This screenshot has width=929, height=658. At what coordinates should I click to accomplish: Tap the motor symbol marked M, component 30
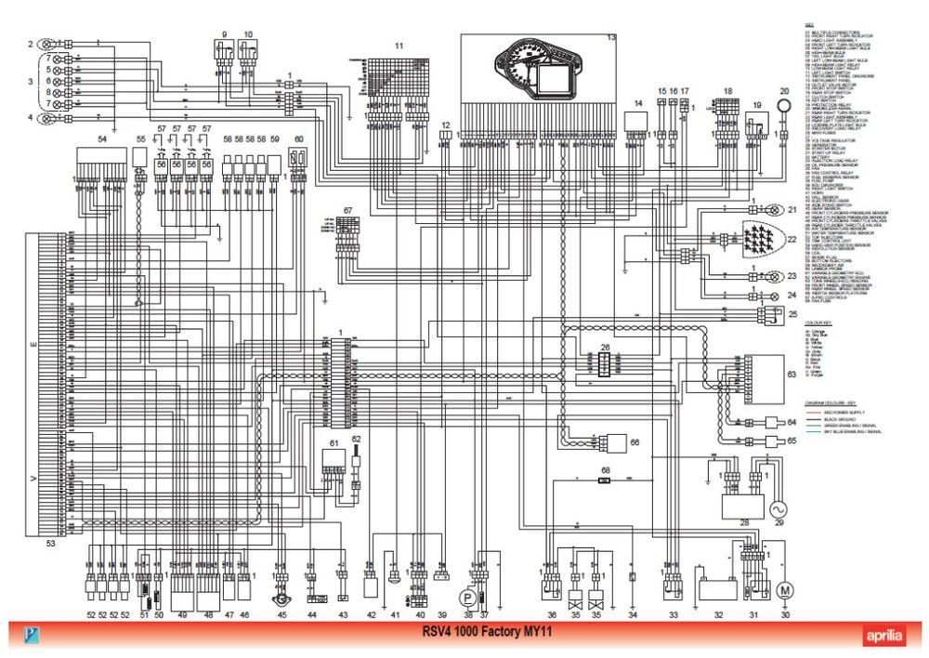(x=785, y=589)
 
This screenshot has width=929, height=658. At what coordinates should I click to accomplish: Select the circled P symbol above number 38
(x=469, y=594)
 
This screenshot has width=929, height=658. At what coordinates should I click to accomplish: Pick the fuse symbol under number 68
(x=604, y=481)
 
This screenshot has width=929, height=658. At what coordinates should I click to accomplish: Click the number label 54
(x=102, y=138)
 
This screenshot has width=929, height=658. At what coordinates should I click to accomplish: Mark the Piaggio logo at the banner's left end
(x=33, y=636)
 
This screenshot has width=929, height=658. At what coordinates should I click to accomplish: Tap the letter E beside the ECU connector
(x=34, y=345)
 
